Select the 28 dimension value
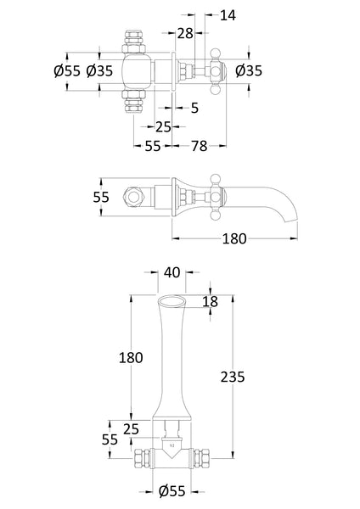point(186,33)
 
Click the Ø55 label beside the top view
point(67,71)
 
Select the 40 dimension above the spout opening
point(171,273)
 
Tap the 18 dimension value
point(211,302)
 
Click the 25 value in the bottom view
point(130,429)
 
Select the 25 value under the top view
point(163,126)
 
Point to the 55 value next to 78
point(153,147)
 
